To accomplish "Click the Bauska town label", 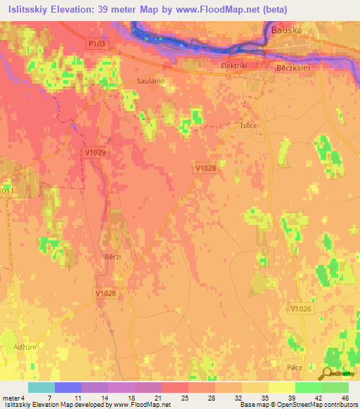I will click(x=285, y=31).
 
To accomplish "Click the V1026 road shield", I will click(x=300, y=309).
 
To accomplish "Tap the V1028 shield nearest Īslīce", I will click(x=205, y=167).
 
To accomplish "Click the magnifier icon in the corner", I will click(x=326, y=375).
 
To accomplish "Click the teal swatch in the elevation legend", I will click(x=41, y=388).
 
